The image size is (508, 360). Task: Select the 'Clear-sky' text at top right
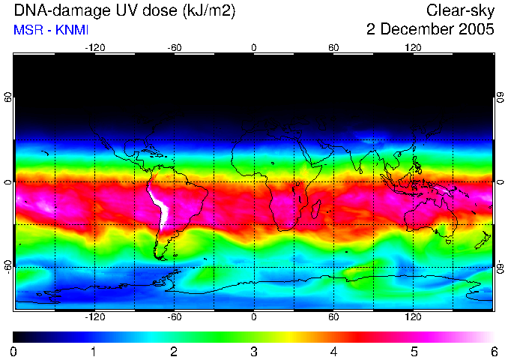[x=460, y=10]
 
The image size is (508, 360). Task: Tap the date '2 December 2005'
[x=430, y=30]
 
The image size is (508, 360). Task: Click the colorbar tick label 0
[x=14, y=351]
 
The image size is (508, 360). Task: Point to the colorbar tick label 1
[x=94, y=351]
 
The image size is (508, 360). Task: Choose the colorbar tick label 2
[x=174, y=351]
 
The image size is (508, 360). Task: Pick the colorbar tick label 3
[x=254, y=351]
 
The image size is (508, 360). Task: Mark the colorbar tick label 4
[x=333, y=351]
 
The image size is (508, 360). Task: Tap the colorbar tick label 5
[x=414, y=351]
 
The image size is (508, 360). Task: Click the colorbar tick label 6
[x=493, y=351]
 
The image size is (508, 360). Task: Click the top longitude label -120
[x=94, y=48]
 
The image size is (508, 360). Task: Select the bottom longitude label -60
[x=175, y=316]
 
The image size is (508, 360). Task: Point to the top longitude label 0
[x=254, y=48]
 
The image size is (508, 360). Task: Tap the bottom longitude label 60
[x=333, y=316]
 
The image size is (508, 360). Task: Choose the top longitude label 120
[x=414, y=48]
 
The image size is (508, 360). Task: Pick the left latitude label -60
[x=8, y=266]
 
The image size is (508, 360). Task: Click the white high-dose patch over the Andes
[x=160, y=207]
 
